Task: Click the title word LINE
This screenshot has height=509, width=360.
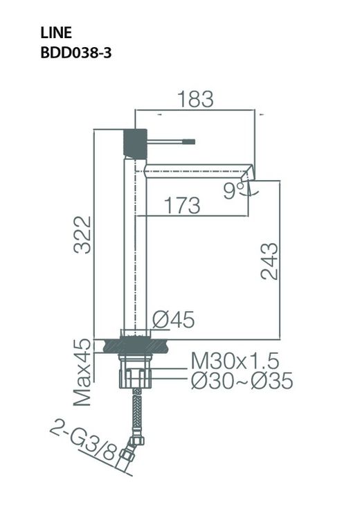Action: click(55, 33)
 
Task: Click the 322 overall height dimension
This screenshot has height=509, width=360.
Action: click(83, 235)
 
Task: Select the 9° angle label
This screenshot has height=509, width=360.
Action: click(233, 190)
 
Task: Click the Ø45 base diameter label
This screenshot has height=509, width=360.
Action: click(172, 319)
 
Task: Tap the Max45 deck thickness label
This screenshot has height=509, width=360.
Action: click(83, 372)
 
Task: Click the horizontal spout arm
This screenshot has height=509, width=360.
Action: click(197, 170)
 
